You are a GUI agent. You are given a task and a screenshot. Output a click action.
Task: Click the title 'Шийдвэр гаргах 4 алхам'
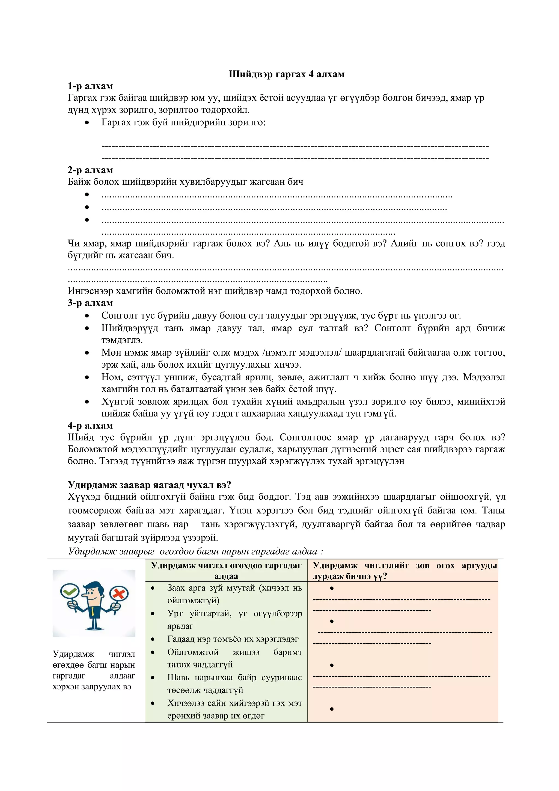click(286, 74)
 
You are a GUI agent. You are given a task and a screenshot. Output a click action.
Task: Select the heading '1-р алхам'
click(90, 86)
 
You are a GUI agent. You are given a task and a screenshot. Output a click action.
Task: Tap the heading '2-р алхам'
click(90, 170)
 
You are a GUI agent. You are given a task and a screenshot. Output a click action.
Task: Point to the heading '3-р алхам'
click(90, 303)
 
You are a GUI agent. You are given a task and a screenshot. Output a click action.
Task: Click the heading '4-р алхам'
click(90, 426)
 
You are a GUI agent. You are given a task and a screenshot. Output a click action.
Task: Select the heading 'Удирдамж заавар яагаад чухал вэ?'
click(149, 485)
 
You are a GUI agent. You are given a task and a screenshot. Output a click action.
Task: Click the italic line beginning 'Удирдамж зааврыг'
click(195, 551)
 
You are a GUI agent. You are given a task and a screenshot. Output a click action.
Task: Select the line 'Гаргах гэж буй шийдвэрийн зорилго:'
click(183, 122)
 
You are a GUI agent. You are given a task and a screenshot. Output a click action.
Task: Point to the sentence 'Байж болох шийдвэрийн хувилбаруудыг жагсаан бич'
click(185, 182)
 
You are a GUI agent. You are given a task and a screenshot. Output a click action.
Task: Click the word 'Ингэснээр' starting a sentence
click(91, 291)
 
